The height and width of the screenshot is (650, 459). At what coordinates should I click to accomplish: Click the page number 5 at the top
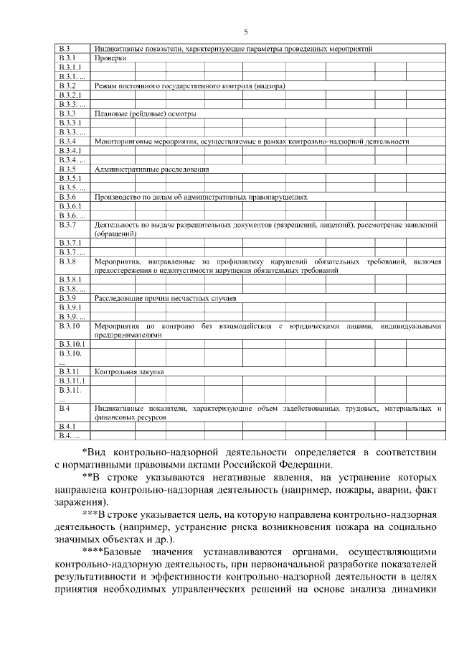click(x=245, y=32)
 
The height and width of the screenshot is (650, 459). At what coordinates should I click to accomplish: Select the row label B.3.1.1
click(x=70, y=67)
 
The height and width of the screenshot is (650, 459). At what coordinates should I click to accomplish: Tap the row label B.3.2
click(x=67, y=85)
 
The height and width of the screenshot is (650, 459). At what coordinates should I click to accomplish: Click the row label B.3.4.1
click(x=70, y=151)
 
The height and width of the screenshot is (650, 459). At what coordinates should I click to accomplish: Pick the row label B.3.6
click(x=67, y=197)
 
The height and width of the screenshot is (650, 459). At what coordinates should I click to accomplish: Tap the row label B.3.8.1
click(x=70, y=279)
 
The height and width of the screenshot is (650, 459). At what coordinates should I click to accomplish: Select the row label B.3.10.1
click(x=72, y=344)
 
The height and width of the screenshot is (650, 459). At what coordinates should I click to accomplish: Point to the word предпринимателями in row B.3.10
click(x=127, y=334)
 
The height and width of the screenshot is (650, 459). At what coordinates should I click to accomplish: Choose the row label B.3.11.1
click(x=72, y=381)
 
